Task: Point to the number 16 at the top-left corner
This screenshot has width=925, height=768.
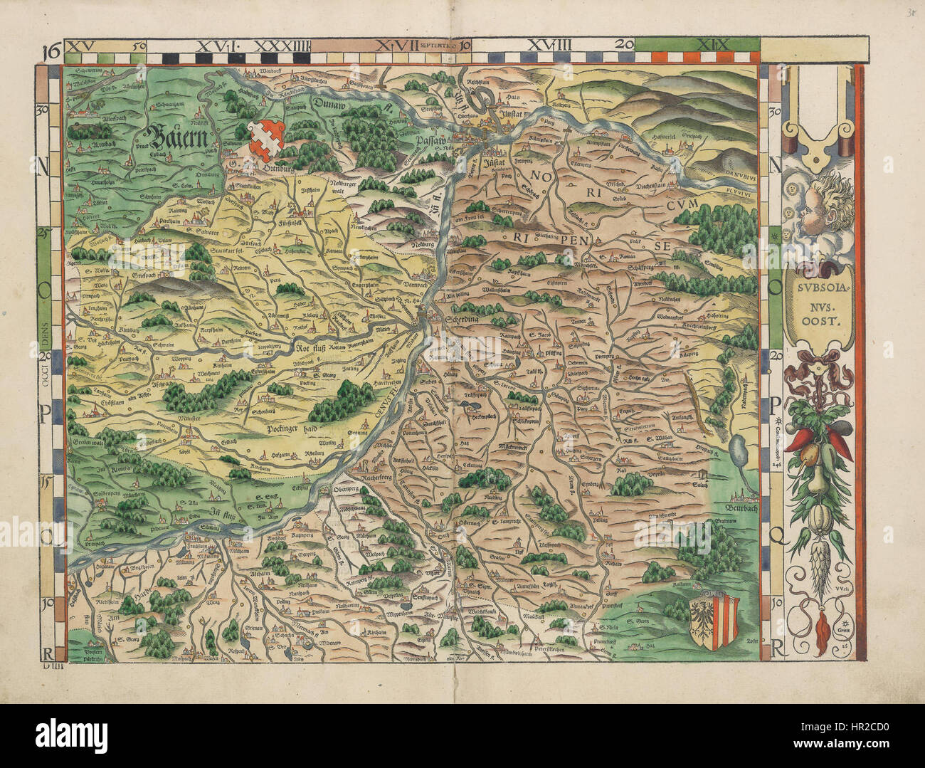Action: [x=50, y=51]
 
